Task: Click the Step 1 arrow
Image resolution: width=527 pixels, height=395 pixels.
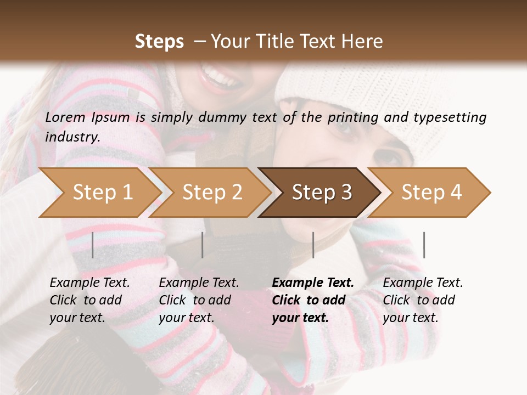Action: pos(102,193)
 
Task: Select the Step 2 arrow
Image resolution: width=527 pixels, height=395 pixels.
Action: pos(212,193)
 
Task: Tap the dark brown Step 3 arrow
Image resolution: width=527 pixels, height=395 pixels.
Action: pos(322,193)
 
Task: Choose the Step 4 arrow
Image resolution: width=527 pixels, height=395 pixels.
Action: pos(431,193)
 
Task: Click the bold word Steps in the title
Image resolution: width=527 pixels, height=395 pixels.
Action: pos(159,41)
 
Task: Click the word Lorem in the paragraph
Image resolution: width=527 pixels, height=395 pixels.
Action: pos(65,117)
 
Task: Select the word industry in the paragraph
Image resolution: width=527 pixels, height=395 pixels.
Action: pos(72,137)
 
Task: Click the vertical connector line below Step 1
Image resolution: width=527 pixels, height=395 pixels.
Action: pos(93,245)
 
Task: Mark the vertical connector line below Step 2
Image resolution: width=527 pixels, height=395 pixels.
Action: pos(203,245)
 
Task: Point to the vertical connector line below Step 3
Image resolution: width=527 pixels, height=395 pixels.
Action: pos(313,245)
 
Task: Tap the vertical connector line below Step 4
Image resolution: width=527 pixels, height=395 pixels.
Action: pos(424,245)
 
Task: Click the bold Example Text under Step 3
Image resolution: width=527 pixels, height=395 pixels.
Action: pos(313,283)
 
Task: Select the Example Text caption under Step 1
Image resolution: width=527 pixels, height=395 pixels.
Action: pos(89,283)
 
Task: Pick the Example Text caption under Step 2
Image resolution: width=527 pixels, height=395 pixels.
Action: pos(199,283)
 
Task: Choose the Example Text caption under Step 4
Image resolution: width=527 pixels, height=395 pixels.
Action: pos(423,283)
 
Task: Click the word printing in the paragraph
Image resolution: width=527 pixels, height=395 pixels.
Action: pos(353,117)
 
